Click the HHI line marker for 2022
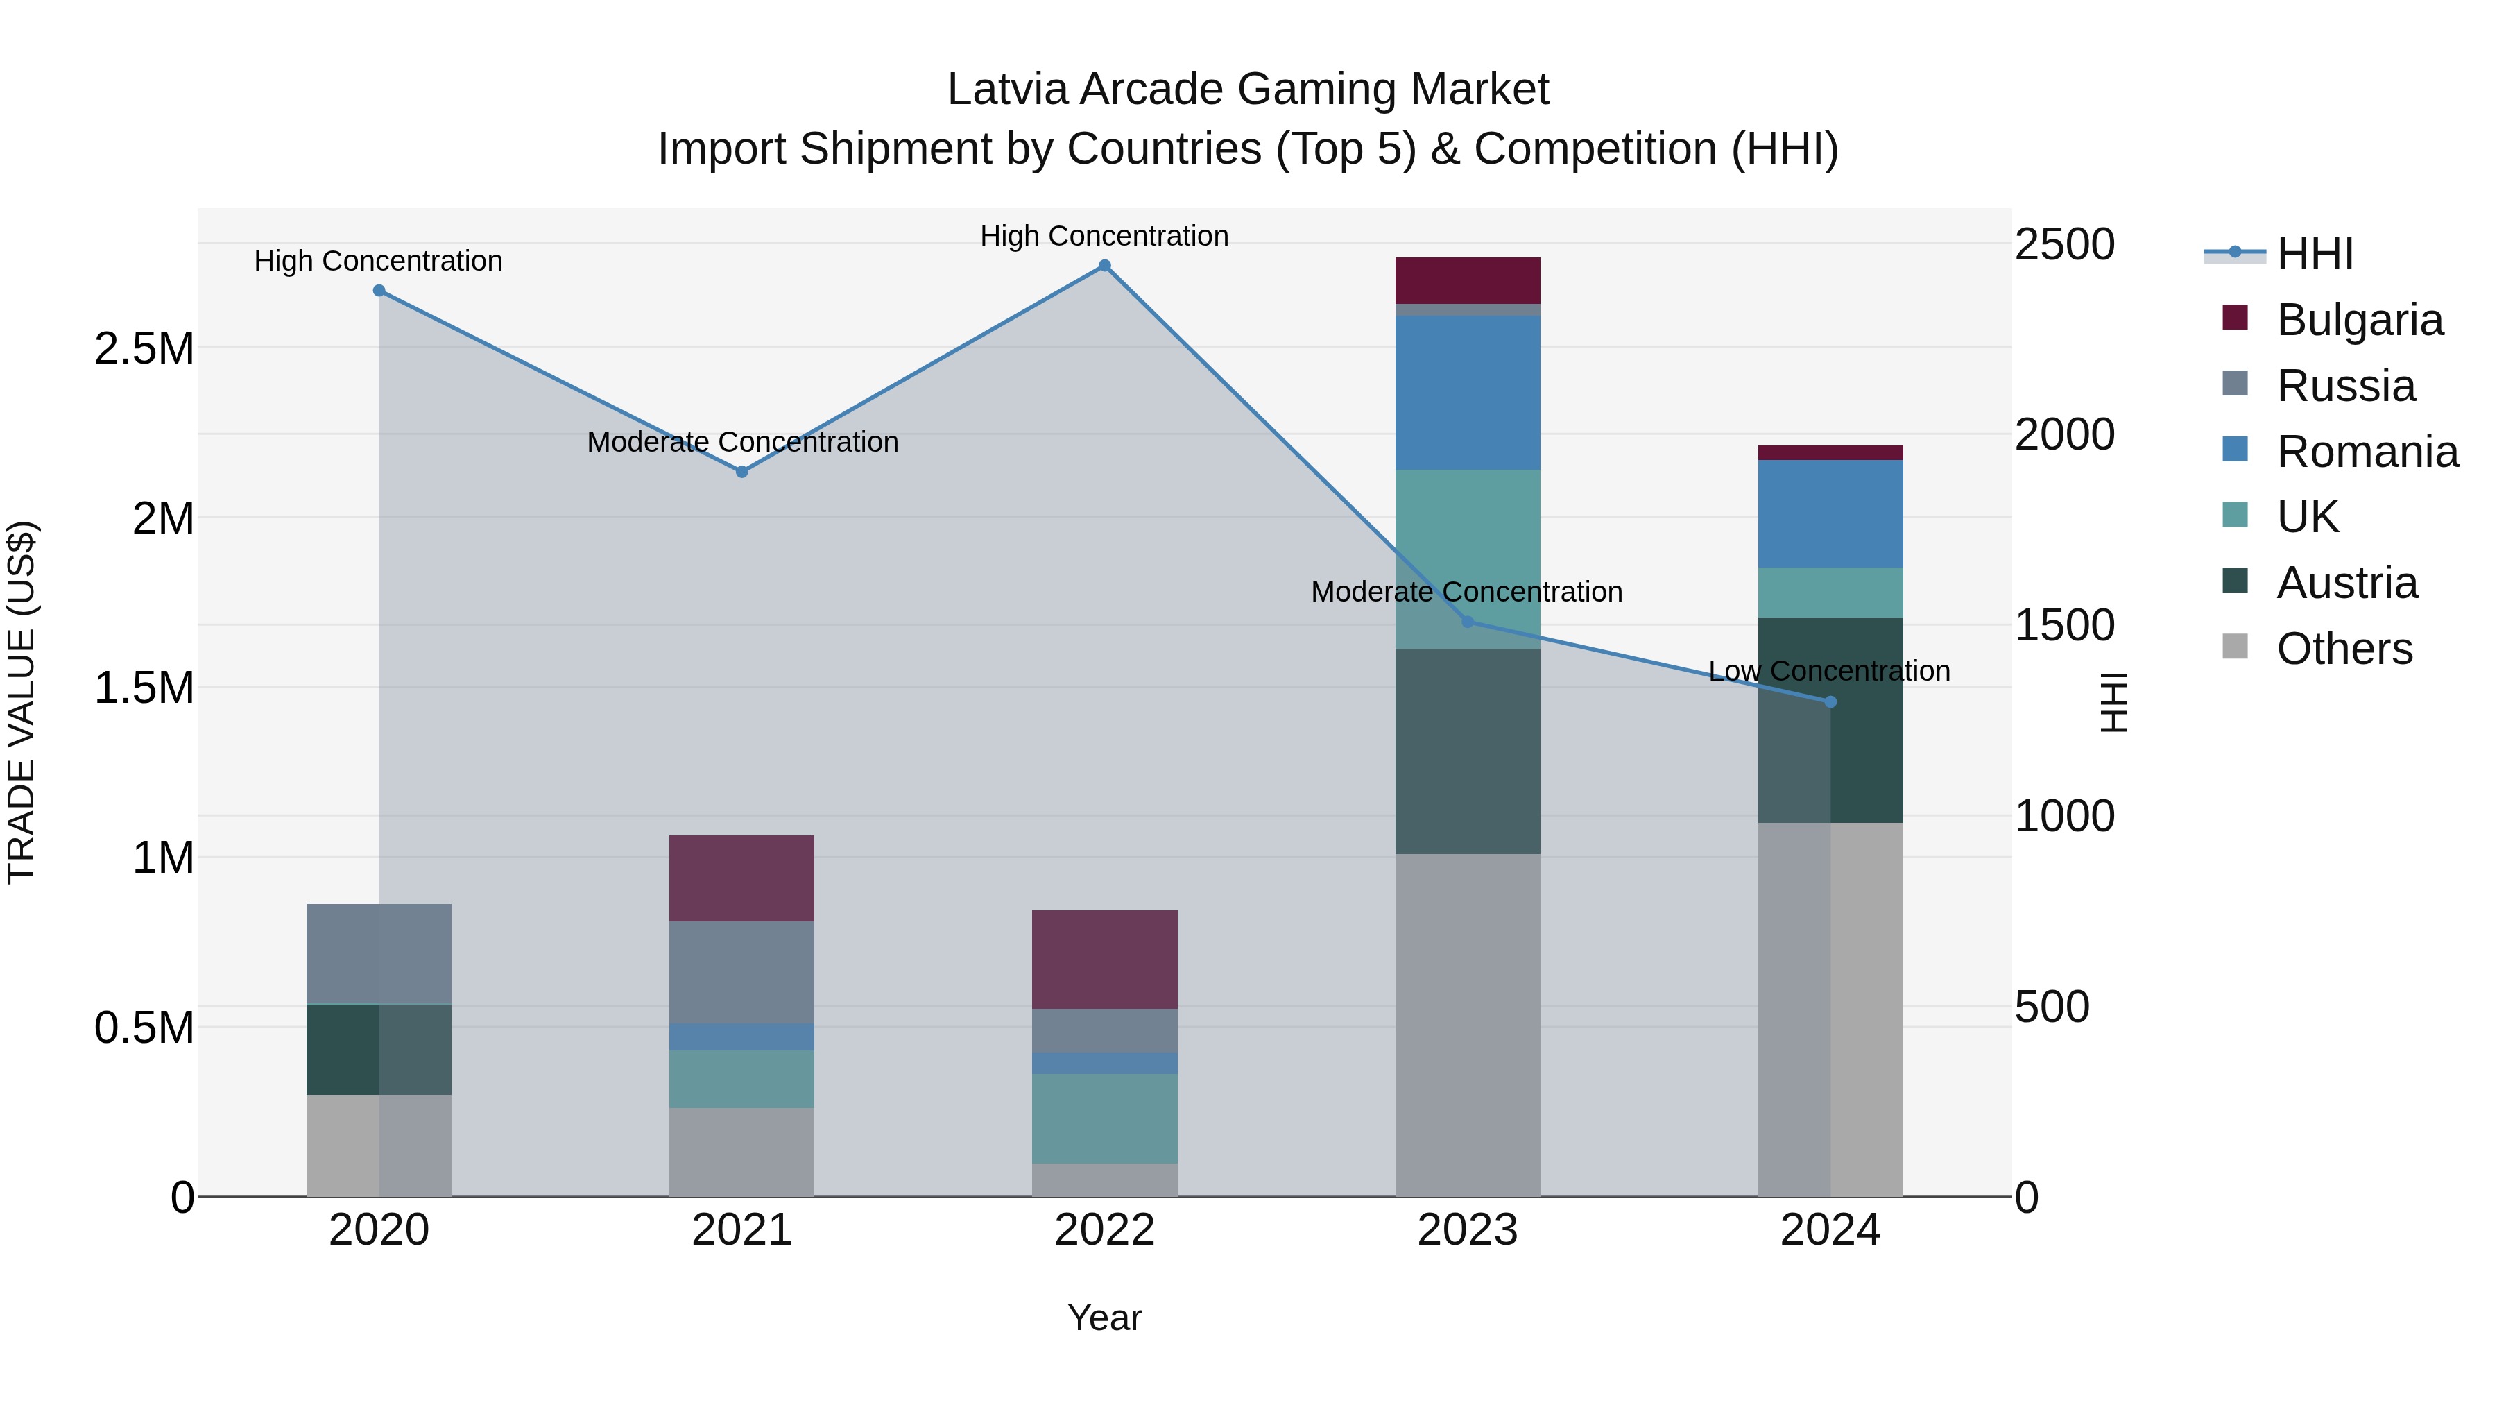pyautogui.click(x=1104, y=266)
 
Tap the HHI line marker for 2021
pyautogui.click(x=741, y=472)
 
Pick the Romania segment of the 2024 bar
pyautogui.click(x=1830, y=514)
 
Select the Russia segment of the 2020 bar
pyautogui.click(x=378, y=954)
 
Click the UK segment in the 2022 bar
pyautogui.click(x=1104, y=1118)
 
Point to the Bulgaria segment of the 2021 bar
pyautogui.click(x=741, y=878)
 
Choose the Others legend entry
pyautogui.click(x=2344, y=649)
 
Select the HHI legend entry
pyautogui.click(x=2315, y=254)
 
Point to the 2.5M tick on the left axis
pyautogui.click(x=144, y=349)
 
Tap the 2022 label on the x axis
pyautogui.click(x=1104, y=1230)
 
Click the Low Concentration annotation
pyautogui.click(x=1828, y=671)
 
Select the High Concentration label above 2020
pyautogui.click(x=378, y=261)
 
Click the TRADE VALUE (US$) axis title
pyautogui.click(x=22, y=702)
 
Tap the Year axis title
pyautogui.click(x=1104, y=1319)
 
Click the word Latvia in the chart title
pyautogui.click(x=1007, y=90)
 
